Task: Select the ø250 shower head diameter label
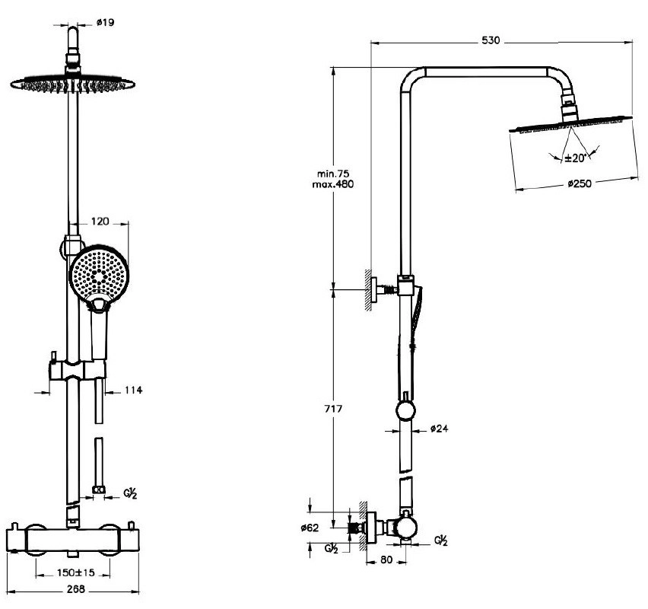pyautogui.click(x=580, y=183)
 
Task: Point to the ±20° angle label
pyautogui.click(x=574, y=158)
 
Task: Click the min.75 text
pyautogui.click(x=333, y=174)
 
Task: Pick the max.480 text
pyautogui.click(x=333, y=184)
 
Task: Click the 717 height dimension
pyautogui.click(x=333, y=410)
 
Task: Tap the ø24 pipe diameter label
pyautogui.click(x=439, y=429)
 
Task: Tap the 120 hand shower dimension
pyautogui.click(x=100, y=222)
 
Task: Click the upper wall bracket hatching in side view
pyautogui.click(x=367, y=290)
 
